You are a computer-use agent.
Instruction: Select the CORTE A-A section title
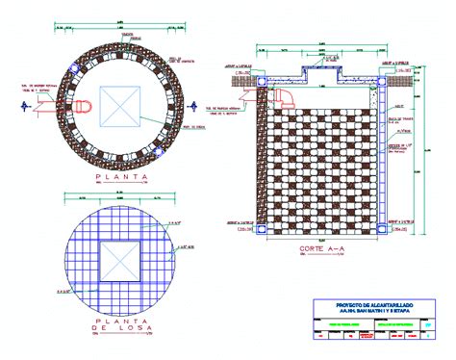click(322, 250)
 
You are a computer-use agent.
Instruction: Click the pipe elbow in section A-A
click(287, 97)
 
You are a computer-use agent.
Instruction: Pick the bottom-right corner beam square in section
click(382, 230)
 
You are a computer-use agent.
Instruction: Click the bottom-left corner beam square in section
click(263, 230)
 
